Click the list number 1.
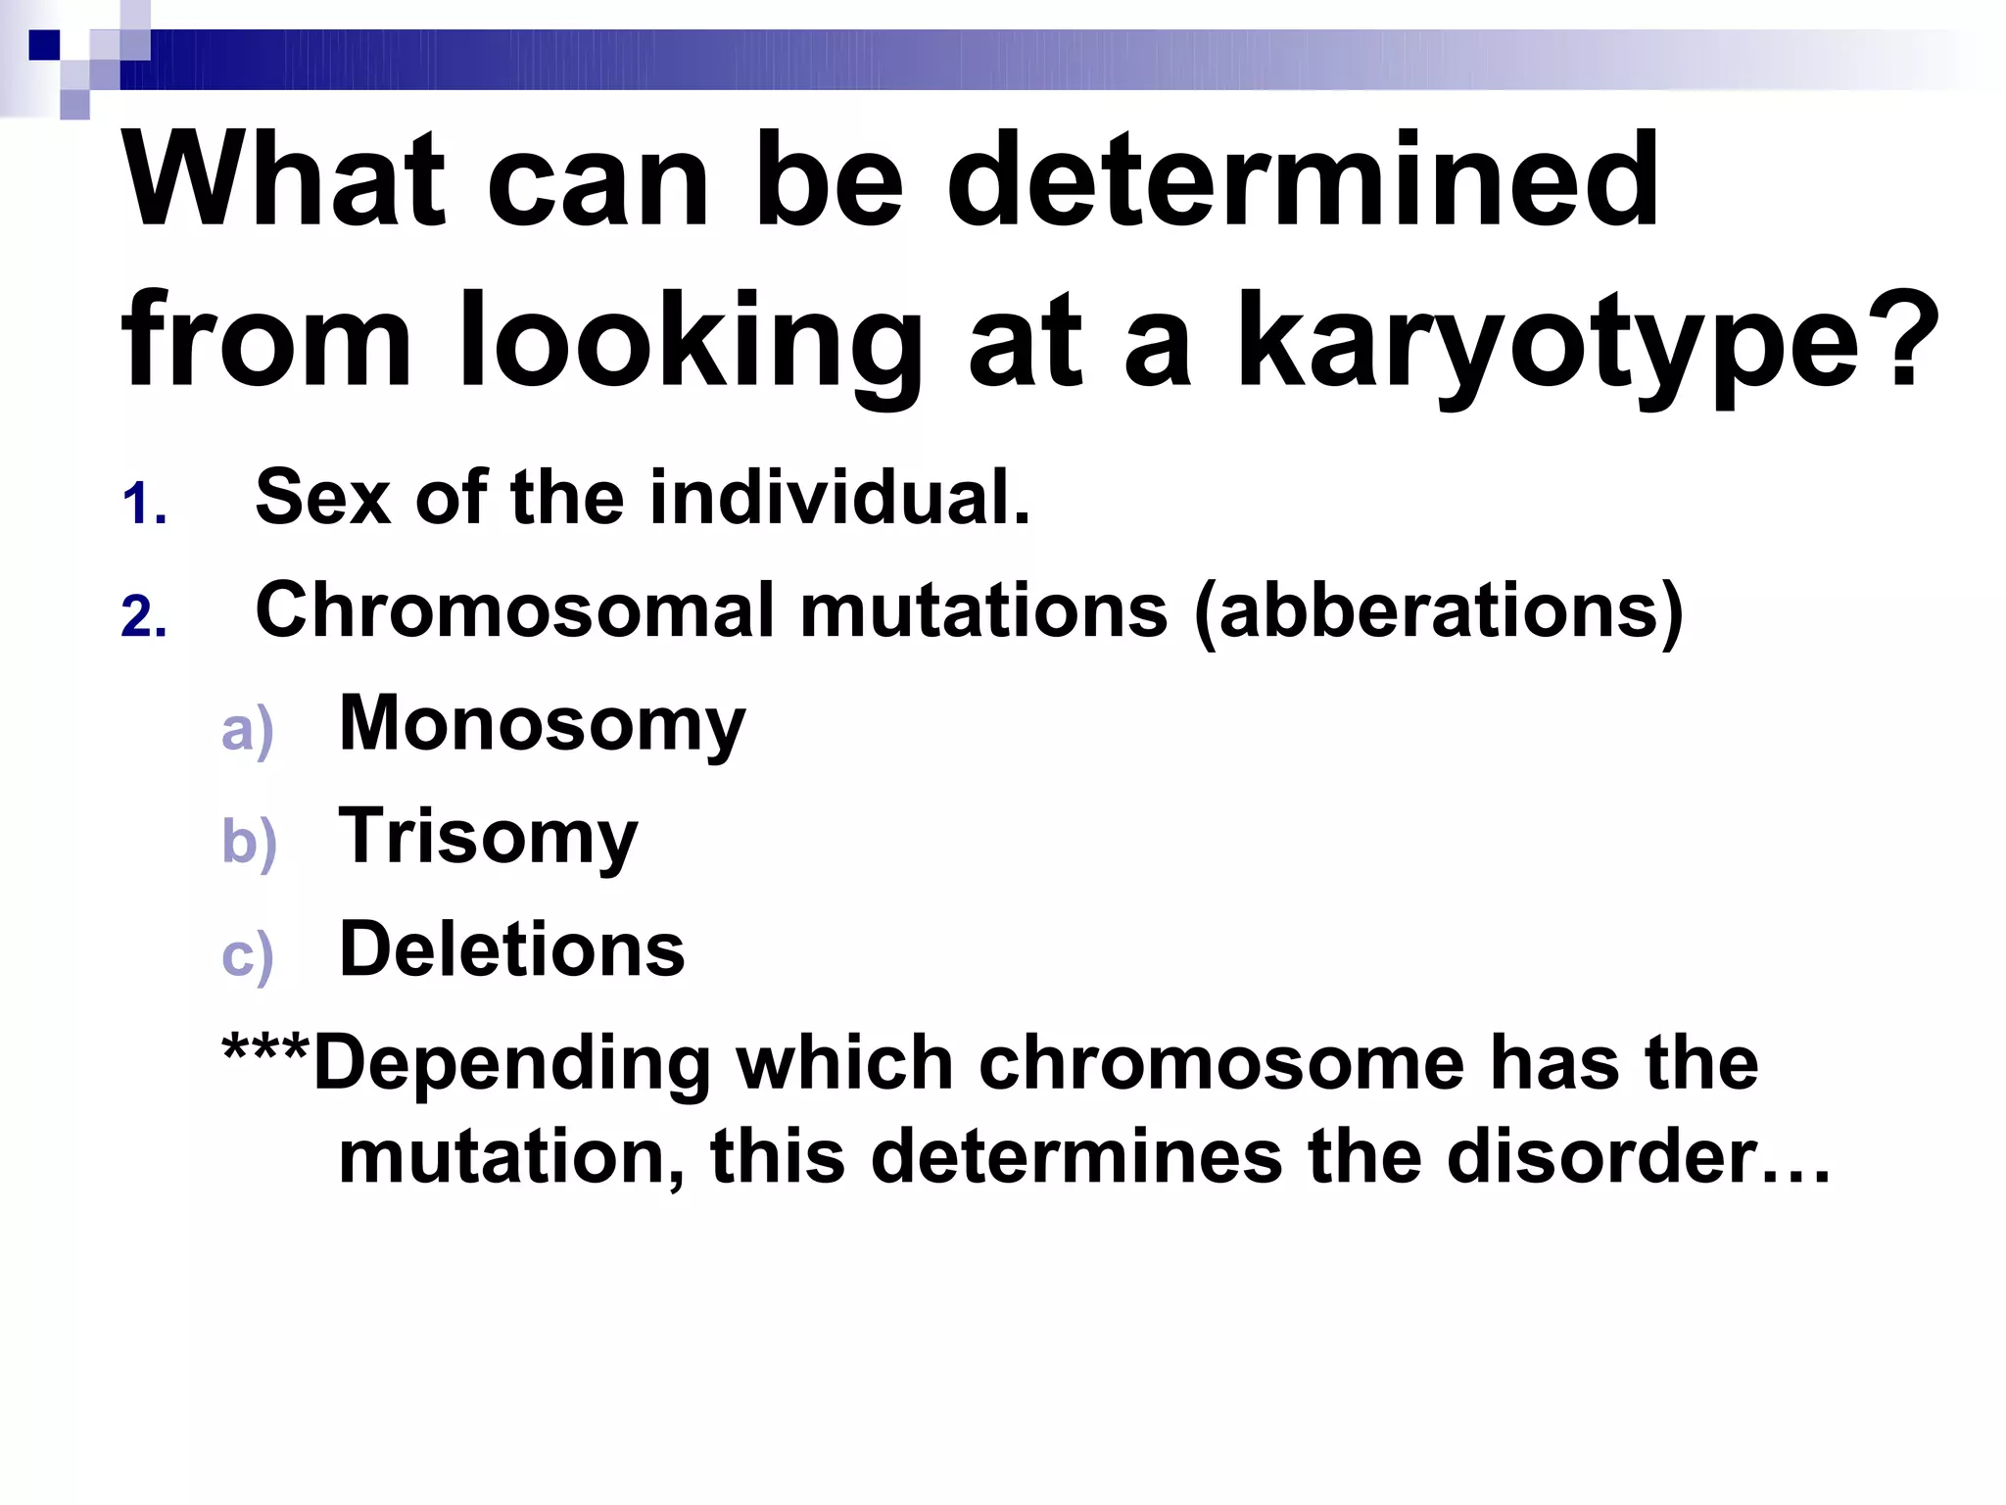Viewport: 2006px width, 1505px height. click(144, 506)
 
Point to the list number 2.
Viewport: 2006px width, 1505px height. click(144, 618)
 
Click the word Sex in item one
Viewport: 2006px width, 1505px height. click(323, 497)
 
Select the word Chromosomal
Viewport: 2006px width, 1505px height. click(514, 610)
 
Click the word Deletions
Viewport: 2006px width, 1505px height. click(511, 950)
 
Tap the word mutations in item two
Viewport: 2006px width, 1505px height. click(983, 610)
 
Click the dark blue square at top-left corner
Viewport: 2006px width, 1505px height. click(44, 44)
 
